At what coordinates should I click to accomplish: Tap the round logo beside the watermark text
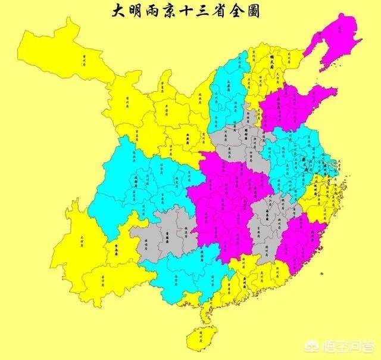pos(326,345)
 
